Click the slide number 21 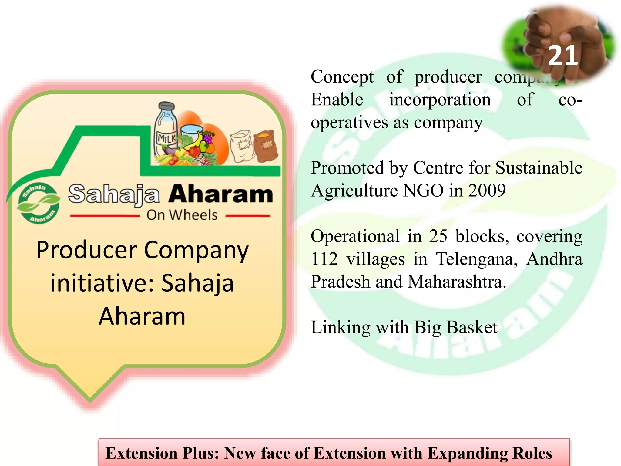pos(563,56)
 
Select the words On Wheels pos(182,215)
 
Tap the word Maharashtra pos(457,282)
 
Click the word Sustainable pos(539,168)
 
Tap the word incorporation pos(440,100)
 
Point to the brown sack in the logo pos(265,146)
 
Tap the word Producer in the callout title pos(87,250)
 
